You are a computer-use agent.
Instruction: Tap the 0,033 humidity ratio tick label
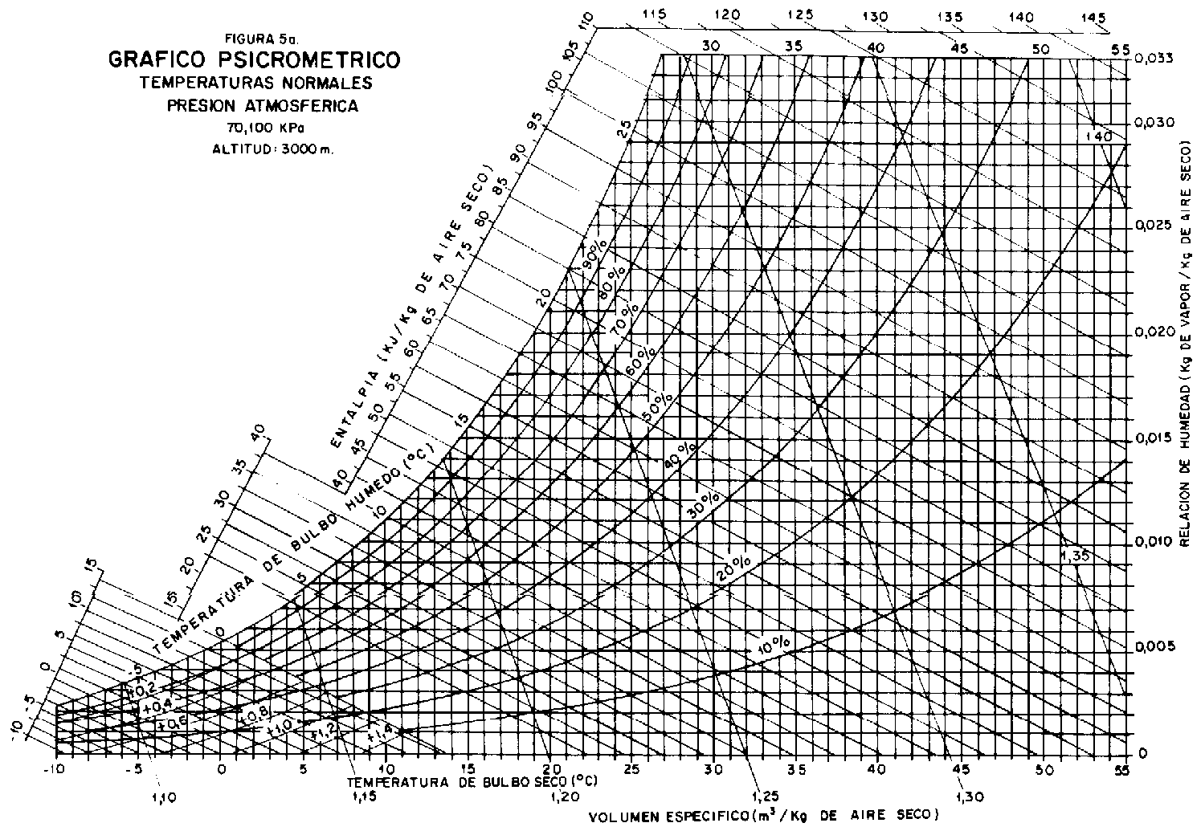tap(1154, 59)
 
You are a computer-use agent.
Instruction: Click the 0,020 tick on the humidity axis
tap(1154, 332)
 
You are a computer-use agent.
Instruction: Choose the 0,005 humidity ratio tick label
tap(1154, 646)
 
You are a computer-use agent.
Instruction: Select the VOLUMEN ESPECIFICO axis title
tap(763, 817)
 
